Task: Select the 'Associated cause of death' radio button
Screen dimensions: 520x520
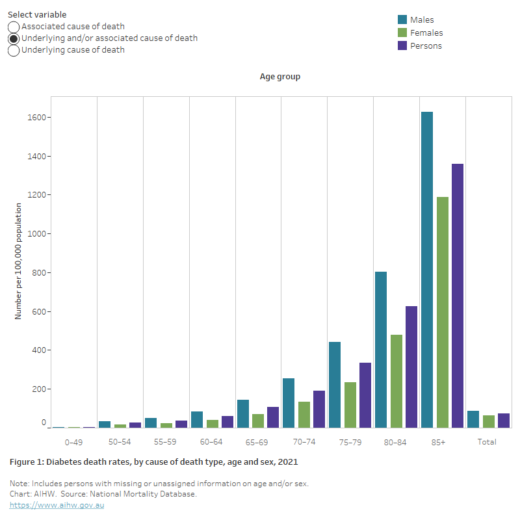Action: [x=14, y=27]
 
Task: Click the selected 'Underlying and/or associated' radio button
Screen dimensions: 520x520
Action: [x=14, y=38]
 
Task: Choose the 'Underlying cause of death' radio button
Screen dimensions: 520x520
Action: [x=14, y=50]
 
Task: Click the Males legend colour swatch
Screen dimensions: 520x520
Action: [x=402, y=20]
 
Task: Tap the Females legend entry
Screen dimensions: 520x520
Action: [x=426, y=33]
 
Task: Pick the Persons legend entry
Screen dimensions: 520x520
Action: [x=426, y=46]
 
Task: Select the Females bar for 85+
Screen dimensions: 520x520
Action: [x=443, y=312]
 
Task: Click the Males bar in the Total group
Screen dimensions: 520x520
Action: [x=473, y=419]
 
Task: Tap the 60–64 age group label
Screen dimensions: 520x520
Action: [x=212, y=442]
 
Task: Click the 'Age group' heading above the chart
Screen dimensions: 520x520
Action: [x=280, y=77]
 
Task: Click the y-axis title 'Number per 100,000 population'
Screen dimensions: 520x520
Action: [x=19, y=261]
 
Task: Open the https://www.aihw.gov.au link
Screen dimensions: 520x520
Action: [x=57, y=505]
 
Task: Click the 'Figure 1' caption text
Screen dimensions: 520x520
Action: [x=153, y=462]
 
